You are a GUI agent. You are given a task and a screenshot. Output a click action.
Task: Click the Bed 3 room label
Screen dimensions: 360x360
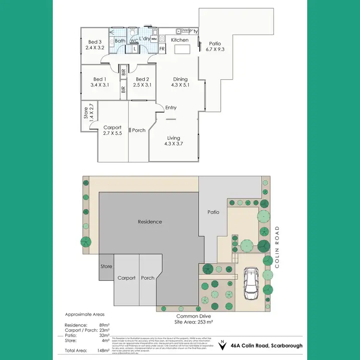point(95,41)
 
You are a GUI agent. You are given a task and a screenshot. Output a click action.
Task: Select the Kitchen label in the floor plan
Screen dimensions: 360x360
point(180,40)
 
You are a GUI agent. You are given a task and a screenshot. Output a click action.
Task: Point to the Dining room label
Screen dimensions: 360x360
point(180,79)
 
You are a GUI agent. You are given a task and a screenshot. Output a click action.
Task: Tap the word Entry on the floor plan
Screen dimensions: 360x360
point(171,108)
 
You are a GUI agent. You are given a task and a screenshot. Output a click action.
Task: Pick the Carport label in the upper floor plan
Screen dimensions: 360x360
point(113,127)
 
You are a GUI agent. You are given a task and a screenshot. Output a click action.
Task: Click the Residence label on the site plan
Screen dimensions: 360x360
point(150,222)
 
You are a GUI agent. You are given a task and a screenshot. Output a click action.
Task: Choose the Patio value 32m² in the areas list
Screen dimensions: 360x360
point(104,335)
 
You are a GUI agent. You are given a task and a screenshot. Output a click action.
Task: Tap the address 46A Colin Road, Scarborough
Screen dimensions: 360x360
point(266,345)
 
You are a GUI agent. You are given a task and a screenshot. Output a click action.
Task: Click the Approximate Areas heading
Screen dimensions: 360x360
point(84,315)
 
